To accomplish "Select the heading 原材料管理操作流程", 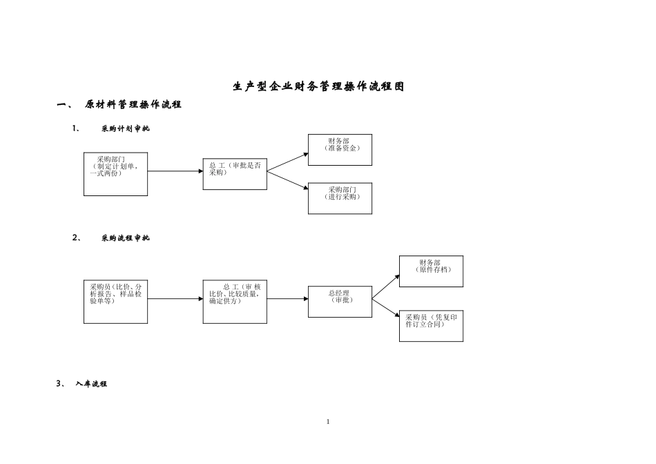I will click(x=133, y=105).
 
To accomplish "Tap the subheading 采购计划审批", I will click(x=125, y=129).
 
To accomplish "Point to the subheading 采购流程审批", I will click(x=125, y=238).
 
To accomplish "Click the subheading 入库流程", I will click(x=91, y=384).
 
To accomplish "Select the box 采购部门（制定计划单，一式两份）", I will click(x=115, y=174).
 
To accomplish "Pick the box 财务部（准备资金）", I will click(x=340, y=149).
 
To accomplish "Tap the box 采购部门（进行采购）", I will click(x=340, y=198).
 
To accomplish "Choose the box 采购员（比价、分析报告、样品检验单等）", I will click(x=115, y=302).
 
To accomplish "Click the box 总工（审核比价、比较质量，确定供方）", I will click(x=235, y=302).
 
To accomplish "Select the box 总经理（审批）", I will click(x=340, y=301).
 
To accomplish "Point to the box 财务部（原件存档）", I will click(x=431, y=271).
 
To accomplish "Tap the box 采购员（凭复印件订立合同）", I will click(x=431, y=325).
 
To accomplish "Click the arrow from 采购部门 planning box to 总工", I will click(x=175, y=171).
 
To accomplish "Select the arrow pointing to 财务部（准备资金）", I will click(x=288, y=162).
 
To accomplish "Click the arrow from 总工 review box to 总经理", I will click(x=287, y=299).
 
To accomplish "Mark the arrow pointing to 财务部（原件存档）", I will click(x=386, y=287).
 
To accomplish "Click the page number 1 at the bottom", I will click(x=328, y=422).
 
